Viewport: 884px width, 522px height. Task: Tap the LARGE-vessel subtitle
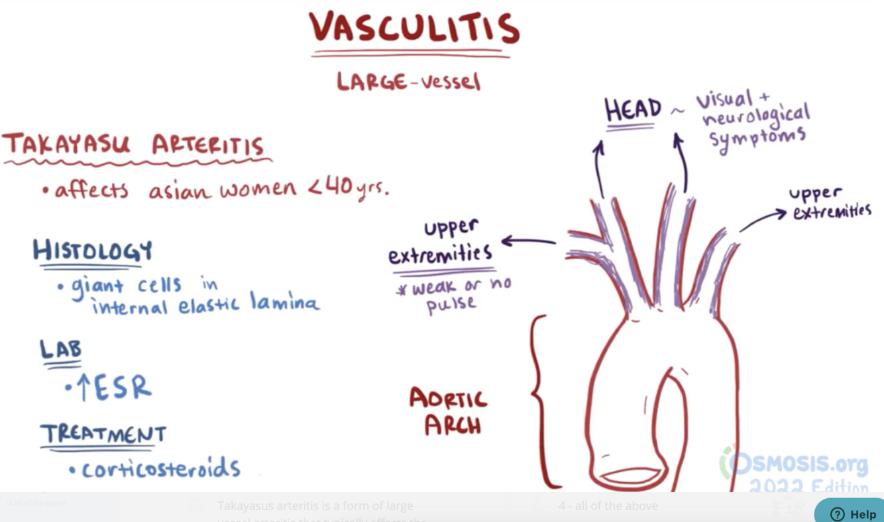pyautogui.click(x=408, y=81)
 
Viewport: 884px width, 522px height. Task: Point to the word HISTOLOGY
pyautogui.click(x=93, y=251)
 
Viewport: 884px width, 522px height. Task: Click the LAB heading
pyautogui.click(x=60, y=349)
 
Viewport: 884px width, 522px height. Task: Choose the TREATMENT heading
pyautogui.click(x=103, y=434)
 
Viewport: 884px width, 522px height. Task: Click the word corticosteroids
pyautogui.click(x=160, y=468)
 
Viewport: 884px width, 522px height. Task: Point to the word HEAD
pyautogui.click(x=633, y=110)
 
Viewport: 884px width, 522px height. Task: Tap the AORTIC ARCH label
pyautogui.click(x=449, y=411)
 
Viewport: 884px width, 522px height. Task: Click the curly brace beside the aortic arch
pyautogui.click(x=540, y=401)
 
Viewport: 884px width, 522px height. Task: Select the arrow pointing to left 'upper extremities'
pyautogui.click(x=528, y=241)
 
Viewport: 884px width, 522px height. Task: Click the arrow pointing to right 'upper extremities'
pyautogui.click(x=762, y=220)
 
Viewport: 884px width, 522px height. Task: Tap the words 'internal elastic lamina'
pyautogui.click(x=206, y=305)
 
